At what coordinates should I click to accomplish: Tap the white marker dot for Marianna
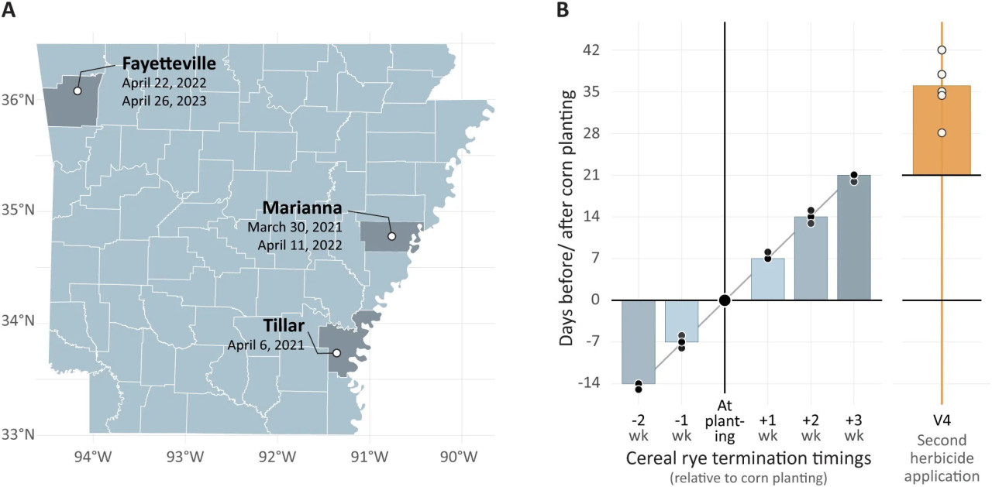(391, 236)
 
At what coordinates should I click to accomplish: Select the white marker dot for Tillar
(336, 353)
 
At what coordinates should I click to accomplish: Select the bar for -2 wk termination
(639, 341)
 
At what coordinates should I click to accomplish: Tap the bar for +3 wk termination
(853, 237)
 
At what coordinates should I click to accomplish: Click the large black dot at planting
(725, 300)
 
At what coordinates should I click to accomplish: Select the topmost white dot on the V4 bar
(942, 50)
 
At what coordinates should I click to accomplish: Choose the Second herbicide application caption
(942, 458)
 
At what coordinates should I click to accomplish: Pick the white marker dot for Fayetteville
(77, 91)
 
